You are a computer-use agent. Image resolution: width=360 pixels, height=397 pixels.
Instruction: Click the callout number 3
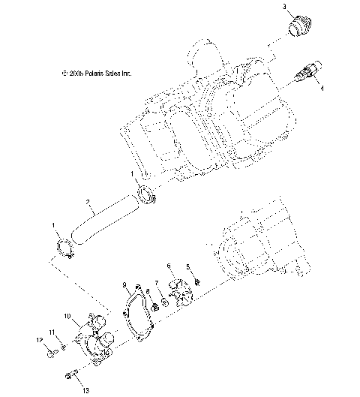[x=284, y=7]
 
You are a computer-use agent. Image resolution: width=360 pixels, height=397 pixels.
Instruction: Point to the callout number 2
[x=88, y=203]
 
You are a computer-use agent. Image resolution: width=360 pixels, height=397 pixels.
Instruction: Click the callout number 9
[x=124, y=284]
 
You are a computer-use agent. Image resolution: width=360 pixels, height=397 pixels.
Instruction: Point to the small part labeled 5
[x=197, y=281]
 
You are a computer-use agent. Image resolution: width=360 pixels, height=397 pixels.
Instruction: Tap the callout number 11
[x=52, y=332]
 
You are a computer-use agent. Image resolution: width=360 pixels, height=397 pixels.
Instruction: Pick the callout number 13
[x=85, y=390]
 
